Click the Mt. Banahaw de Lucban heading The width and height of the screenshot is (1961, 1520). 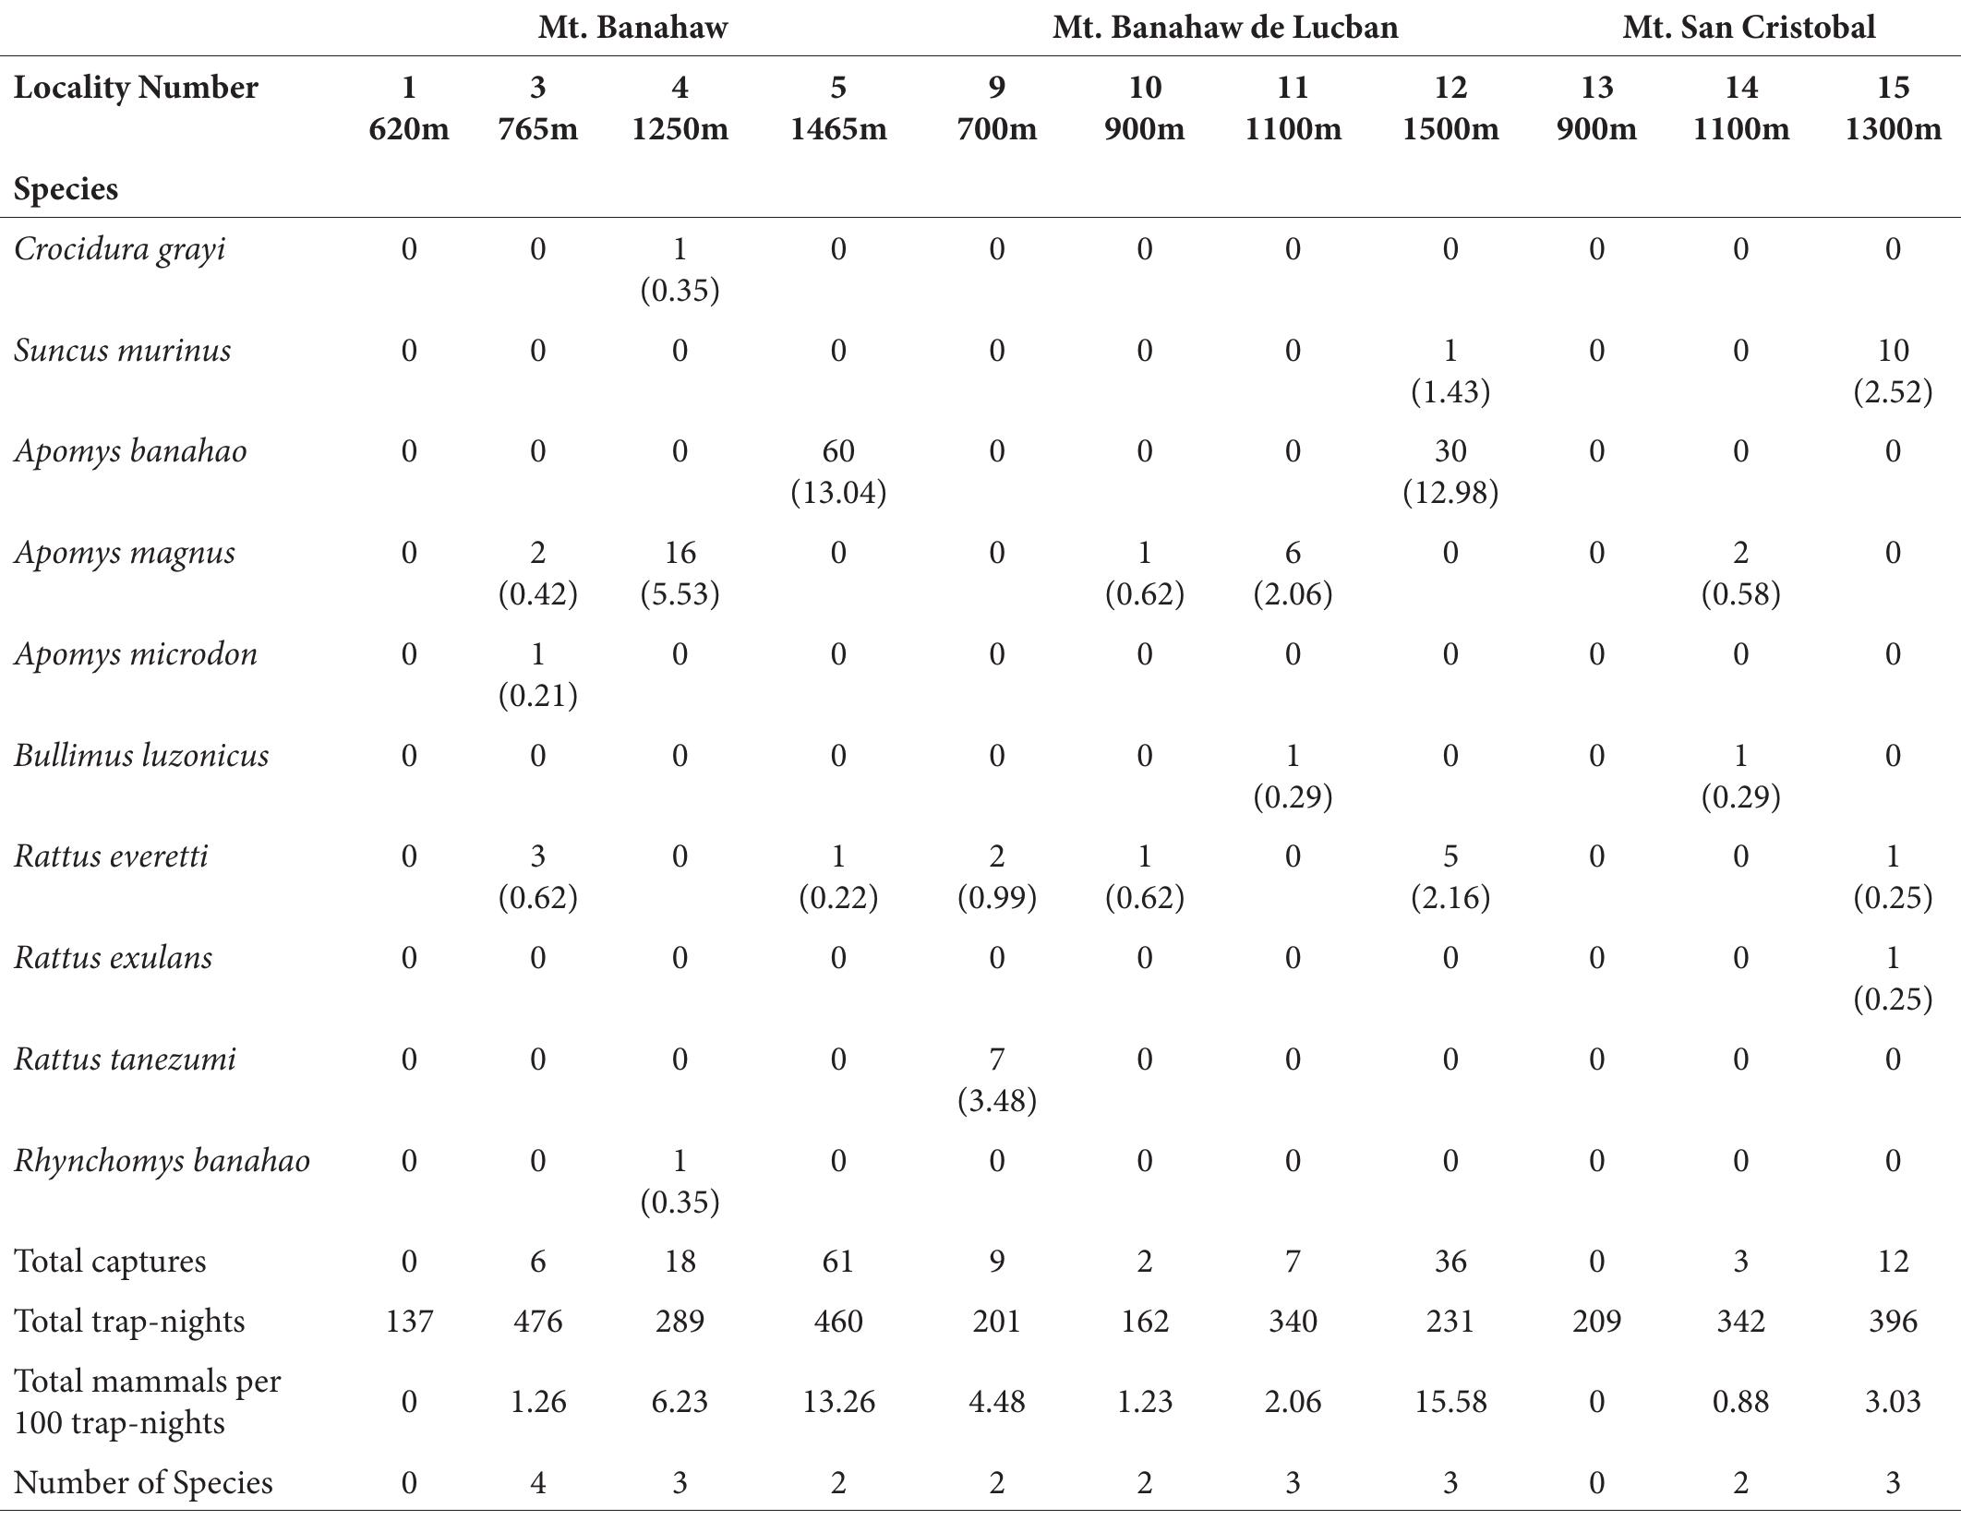pos(1224,28)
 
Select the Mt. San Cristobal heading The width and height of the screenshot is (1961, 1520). pos(1749,28)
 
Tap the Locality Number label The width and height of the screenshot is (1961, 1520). pos(136,88)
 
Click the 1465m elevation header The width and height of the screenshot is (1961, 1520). pos(837,128)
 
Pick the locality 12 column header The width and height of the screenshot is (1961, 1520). pos(1450,88)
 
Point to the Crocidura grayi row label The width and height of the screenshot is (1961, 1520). pos(120,249)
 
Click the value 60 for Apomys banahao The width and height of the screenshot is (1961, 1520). pos(837,451)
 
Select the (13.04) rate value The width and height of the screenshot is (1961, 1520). pos(837,492)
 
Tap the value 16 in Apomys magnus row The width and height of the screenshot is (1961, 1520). pos(680,553)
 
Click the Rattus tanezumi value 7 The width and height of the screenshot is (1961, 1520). pos(996,1059)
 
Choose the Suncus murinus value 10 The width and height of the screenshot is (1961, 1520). pos(1892,351)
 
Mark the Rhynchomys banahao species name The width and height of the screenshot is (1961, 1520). pos(162,1160)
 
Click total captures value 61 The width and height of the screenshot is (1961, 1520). pos(837,1261)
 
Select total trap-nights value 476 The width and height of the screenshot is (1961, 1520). pos(537,1322)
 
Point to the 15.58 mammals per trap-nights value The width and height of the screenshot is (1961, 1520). pos(1450,1402)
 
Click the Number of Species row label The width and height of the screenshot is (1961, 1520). pos(143,1482)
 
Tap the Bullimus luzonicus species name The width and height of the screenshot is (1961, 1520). pos(141,755)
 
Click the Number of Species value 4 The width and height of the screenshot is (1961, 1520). pos(537,1482)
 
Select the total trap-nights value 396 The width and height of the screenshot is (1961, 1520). pos(1892,1322)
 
